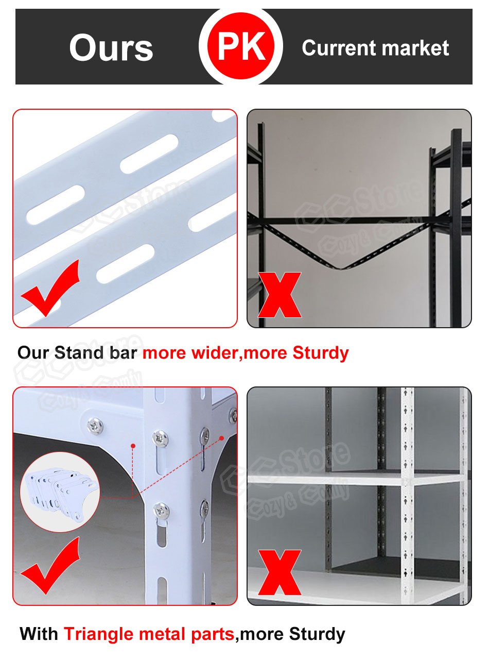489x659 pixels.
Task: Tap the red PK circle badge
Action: [x=241, y=46]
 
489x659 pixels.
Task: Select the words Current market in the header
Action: [x=375, y=48]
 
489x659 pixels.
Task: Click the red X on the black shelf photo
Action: [x=280, y=295]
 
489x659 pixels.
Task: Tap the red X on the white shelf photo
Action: [x=280, y=572]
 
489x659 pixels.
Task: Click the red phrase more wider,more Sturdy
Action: [x=246, y=353]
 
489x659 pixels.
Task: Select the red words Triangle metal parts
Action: [x=149, y=634]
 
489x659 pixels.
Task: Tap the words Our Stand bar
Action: [x=78, y=353]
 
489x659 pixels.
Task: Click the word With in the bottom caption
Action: [x=39, y=634]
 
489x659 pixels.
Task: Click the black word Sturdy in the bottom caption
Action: [x=317, y=634]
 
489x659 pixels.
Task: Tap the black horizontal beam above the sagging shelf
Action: [x=350, y=221]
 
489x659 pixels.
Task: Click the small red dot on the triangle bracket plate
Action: [x=133, y=445]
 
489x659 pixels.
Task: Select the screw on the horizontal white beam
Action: [x=95, y=425]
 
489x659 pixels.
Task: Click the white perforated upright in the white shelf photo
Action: [x=407, y=495]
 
